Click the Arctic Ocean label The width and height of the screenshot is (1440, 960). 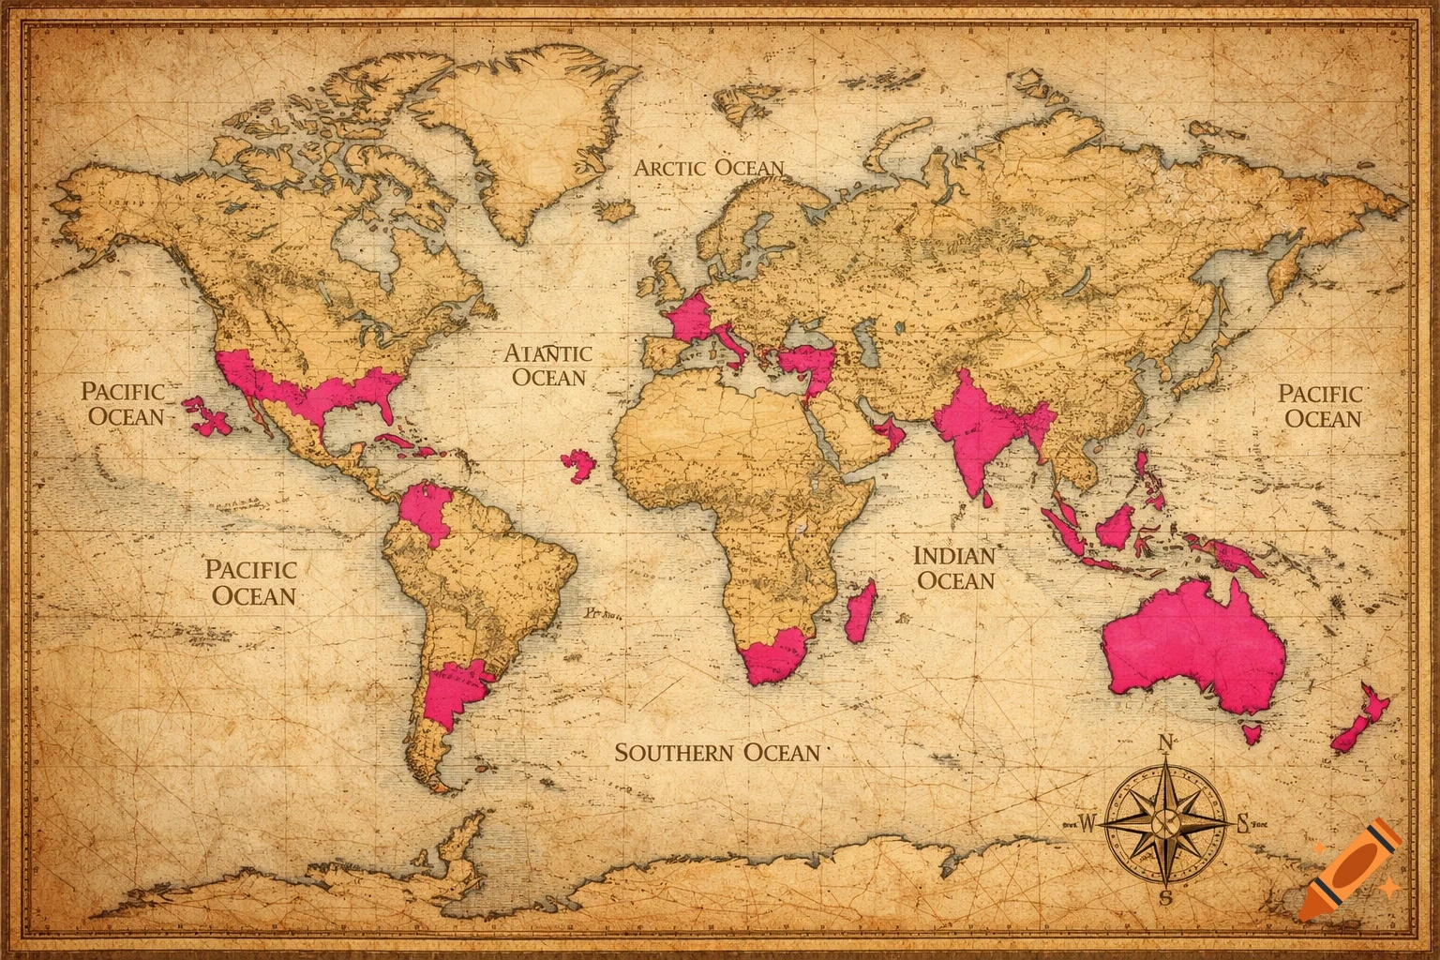(x=709, y=169)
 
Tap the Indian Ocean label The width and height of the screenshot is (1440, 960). (x=954, y=568)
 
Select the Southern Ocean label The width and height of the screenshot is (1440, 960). (x=717, y=752)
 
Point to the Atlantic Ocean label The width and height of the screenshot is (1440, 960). (x=548, y=365)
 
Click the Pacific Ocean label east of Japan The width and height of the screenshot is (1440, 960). (x=1321, y=406)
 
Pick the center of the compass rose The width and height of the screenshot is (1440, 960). (x=1167, y=822)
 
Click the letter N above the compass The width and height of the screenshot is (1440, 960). (x=1166, y=743)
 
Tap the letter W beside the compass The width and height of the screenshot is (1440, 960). (x=1087, y=824)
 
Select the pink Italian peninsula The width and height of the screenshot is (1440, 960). (x=734, y=344)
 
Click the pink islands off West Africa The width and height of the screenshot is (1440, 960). (x=578, y=464)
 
